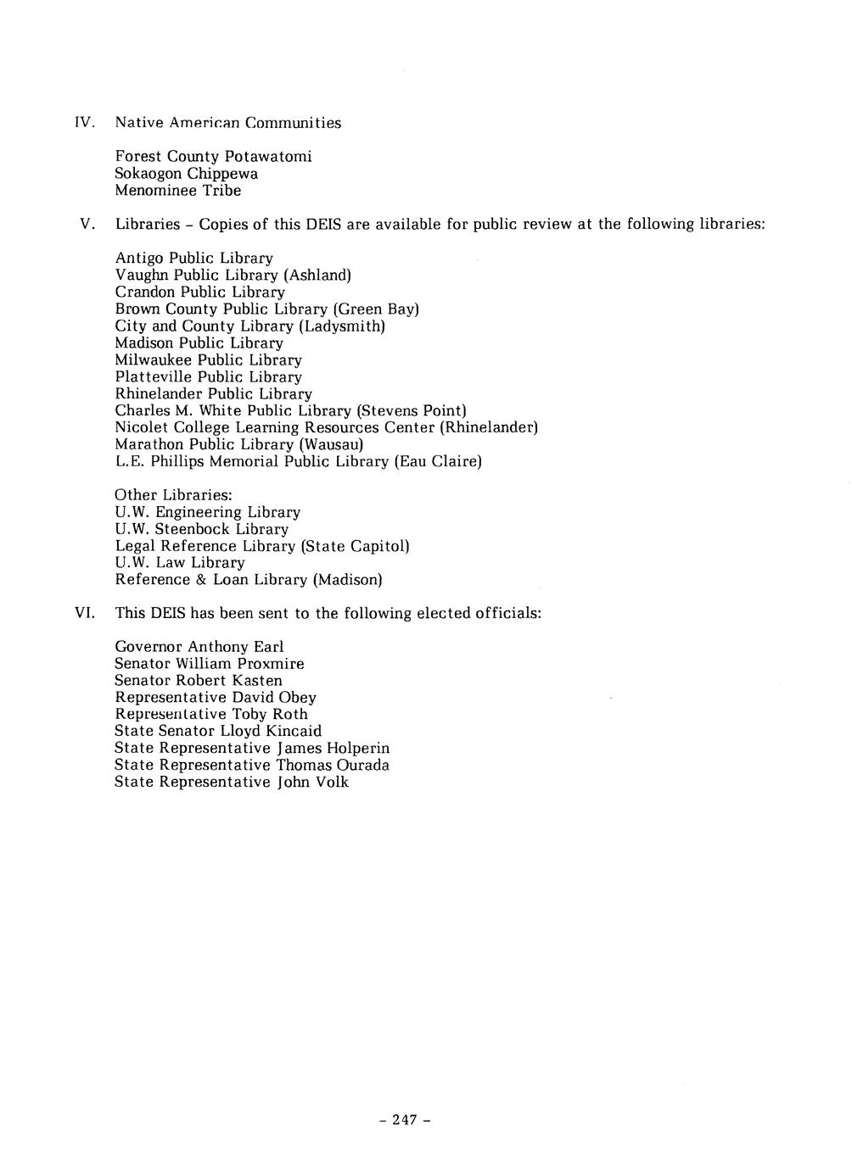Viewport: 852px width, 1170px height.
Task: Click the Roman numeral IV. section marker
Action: [x=82, y=123]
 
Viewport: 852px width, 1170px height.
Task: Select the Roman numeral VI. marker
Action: [x=84, y=613]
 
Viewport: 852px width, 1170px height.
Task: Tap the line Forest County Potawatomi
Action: [x=213, y=157]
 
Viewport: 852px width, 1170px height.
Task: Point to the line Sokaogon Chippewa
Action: [x=186, y=174]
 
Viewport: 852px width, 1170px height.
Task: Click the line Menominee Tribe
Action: [x=177, y=191]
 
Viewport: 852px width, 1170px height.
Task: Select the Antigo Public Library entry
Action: [x=193, y=259]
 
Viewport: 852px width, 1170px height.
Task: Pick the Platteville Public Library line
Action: [x=208, y=377]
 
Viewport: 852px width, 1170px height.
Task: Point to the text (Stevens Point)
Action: [x=412, y=411]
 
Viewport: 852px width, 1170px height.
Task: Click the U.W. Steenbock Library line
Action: [x=201, y=529]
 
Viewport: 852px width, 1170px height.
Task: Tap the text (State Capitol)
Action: [x=355, y=546]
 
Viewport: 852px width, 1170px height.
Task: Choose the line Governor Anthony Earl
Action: [x=199, y=647]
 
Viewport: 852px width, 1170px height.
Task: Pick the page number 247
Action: [x=405, y=1120]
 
